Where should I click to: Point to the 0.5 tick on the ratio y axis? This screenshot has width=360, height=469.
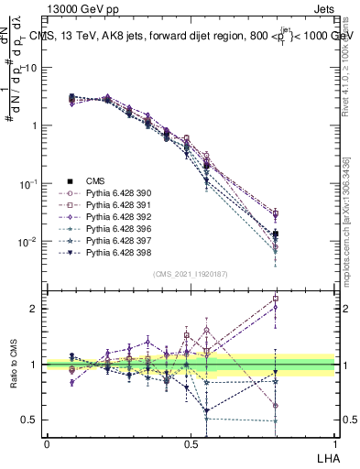pos(32,420)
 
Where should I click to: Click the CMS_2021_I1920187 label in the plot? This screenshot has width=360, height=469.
pos(191,274)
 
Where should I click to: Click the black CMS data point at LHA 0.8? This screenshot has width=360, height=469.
pos(276,234)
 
